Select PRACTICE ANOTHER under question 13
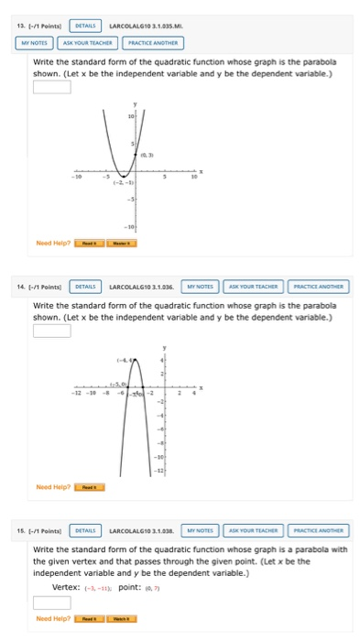151,42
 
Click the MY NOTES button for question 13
35,42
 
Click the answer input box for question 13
52,88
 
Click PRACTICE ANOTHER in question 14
318,286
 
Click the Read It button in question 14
88,487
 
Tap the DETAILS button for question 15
87,530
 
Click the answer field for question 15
52,603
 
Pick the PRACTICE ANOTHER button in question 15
318,530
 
